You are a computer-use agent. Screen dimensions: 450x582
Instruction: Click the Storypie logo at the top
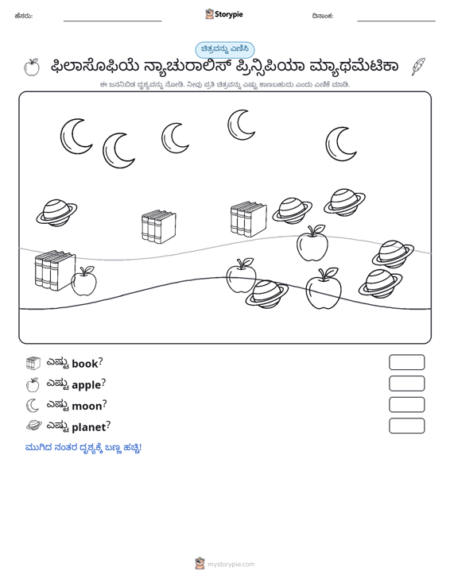[x=223, y=14]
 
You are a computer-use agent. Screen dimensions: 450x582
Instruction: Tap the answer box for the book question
[x=406, y=362]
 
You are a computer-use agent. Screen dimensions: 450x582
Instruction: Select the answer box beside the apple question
[x=406, y=384]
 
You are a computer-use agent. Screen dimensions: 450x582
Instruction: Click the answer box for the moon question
[x=406, y=405]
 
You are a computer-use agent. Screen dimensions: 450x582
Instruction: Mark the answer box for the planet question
[x=406, y=426]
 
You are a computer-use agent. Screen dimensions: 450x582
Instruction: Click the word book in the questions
[x=85, y=364]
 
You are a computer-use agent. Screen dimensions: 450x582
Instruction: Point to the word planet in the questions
[x=89, y=427]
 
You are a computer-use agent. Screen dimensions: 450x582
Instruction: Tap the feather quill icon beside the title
[x=418, y=67]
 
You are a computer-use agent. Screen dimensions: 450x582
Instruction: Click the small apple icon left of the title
[x=32, y=67]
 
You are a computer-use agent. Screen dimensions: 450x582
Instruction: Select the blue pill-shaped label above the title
[x=225, y=50]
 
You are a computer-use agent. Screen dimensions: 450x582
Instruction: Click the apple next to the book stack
[x=84, y=281]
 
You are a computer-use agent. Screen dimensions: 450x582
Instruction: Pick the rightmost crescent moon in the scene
[x=341, y=145]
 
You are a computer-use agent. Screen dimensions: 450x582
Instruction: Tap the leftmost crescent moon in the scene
[x=76, y=137]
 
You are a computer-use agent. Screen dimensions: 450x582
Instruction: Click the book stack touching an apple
[x=54, y=270]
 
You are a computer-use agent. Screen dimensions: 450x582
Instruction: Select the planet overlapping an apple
[x=267, y=295]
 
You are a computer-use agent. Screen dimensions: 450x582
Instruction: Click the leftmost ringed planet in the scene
[x=57, y=213]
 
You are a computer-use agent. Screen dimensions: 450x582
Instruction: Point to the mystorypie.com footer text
[x=231, y=565]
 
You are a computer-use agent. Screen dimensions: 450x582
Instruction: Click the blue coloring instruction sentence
[x=83, y=448]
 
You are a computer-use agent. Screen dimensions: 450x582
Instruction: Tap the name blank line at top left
[x=113, y=21]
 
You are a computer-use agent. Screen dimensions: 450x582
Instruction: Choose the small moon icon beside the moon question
[x=33, y=405]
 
